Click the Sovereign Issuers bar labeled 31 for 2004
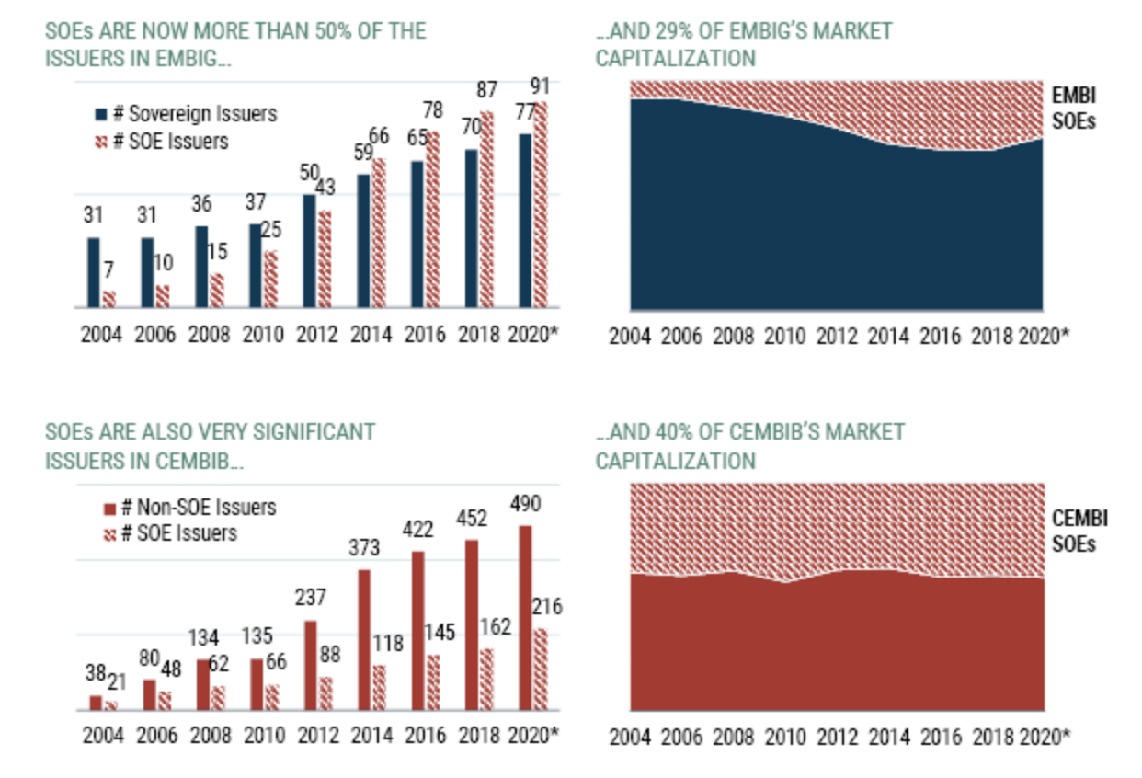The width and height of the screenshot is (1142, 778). [94, 272]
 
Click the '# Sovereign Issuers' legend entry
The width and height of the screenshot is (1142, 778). [186, 114]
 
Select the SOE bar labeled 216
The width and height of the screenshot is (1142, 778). [542, 669]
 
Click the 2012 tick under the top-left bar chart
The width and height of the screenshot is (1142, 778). [316, 335]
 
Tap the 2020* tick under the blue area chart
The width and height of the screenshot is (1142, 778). [1045, 336]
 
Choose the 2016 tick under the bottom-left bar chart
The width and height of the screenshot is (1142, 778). [425, 736]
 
